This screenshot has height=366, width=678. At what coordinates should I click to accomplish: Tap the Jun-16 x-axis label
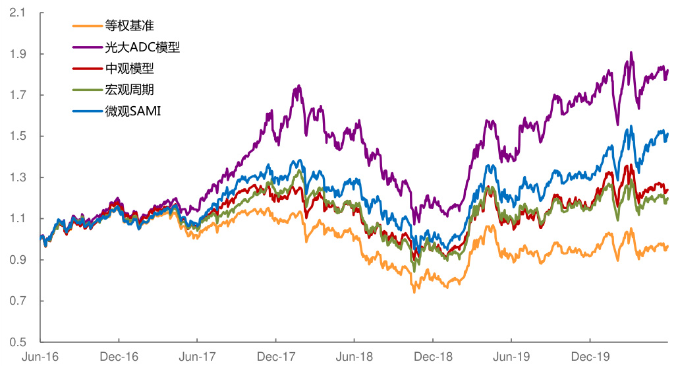coord(40,357)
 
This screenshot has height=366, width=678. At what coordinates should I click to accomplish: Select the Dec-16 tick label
coord(119,357)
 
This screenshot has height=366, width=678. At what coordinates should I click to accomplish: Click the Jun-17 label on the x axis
coord(198,357)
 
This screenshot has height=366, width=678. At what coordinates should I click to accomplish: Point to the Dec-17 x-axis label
coord(276,357)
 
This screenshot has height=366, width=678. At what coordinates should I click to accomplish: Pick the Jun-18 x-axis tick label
coord(354,357)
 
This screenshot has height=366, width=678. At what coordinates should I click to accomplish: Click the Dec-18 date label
coord(433,357)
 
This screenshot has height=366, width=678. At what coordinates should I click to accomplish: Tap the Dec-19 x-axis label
coord(590,357)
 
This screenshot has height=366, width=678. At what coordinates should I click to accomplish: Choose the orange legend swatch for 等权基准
coord(86,26)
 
